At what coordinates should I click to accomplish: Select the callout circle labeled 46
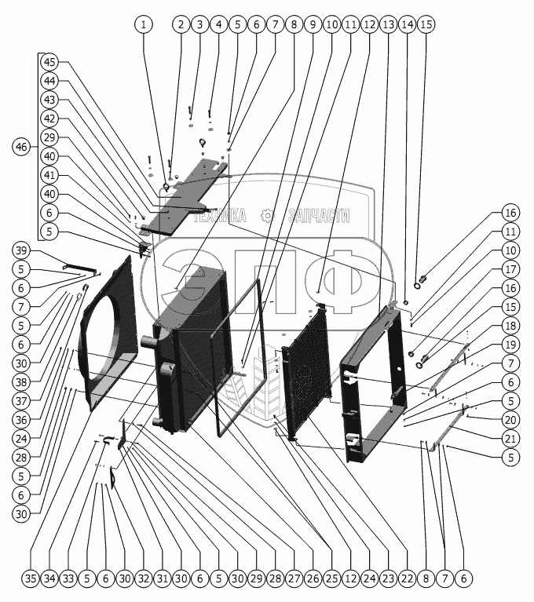click(22, 147)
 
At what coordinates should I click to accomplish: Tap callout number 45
click(49, 62)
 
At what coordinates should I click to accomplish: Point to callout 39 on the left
click(22, 250)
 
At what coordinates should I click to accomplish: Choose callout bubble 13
click(388, 24)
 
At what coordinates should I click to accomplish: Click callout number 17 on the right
click(510, 269)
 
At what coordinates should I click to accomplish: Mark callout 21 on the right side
click(510, 439)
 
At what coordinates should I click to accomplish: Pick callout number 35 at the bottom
click(30, 579)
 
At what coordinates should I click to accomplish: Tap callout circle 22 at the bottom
click(406, 579)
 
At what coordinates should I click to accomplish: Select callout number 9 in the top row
click(313, 24)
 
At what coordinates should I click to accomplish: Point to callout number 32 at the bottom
click(143, 579)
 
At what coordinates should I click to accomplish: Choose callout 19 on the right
click(510, 345)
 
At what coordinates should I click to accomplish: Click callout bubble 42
click(49, 119)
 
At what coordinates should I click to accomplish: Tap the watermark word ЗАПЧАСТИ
click(318, 217)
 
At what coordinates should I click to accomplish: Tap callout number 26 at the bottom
click(313, 579)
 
